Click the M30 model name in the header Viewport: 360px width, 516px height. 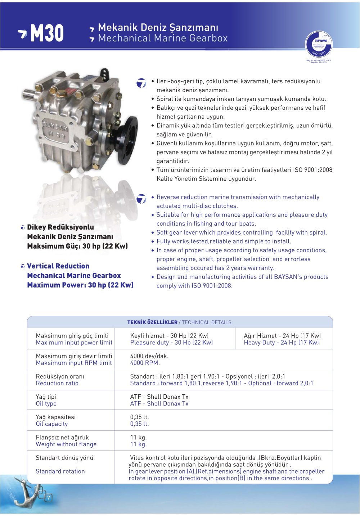[47, 33]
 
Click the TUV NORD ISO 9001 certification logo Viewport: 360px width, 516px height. [319, 45]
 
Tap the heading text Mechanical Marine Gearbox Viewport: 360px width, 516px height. [163, 38]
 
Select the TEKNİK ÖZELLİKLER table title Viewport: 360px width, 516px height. [152, 322]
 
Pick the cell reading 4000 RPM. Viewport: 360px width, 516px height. [145, 363]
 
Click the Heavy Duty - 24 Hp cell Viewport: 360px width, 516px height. [281, 343]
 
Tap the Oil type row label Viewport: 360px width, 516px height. [46, 404]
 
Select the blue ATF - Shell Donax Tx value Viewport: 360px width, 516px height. [159, 404]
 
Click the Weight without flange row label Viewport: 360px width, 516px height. [66, 444]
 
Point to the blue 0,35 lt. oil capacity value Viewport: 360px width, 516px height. [139, 424]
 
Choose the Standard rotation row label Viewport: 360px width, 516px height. [60, 471]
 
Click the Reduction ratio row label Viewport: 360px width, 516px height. [57, 383]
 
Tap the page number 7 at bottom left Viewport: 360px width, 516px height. [49, 498]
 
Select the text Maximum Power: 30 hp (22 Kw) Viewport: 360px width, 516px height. [80, 285]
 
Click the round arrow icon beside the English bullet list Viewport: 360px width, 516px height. [141, 199]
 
